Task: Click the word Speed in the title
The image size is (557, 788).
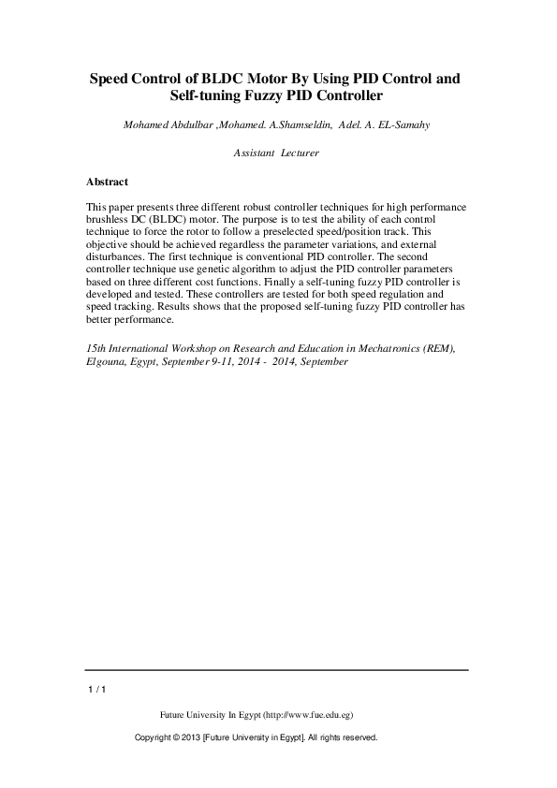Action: point(110,79)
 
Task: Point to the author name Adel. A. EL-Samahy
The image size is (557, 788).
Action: point(385,125)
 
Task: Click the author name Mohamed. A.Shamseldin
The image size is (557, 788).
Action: point(276,125)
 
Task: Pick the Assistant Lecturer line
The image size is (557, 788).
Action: point(276,152)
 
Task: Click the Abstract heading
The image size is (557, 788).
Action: point(106,182)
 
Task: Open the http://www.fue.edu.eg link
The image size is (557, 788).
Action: point(308,714)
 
